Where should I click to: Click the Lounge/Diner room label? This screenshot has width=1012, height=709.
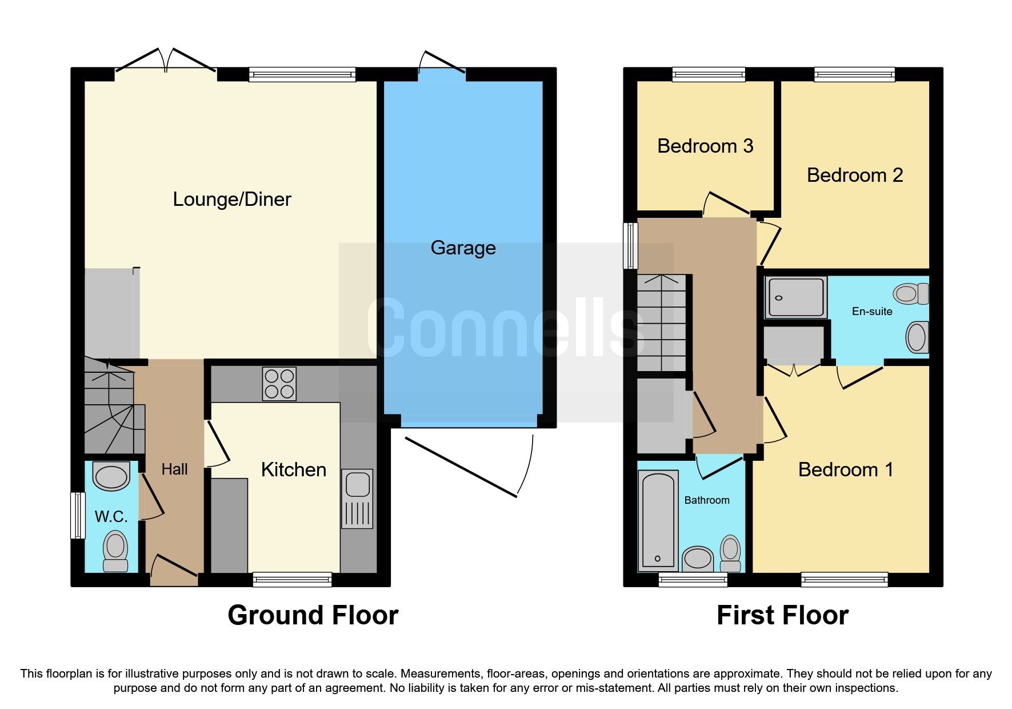tap(232, 199)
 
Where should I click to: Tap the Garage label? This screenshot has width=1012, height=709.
tap(463, 248)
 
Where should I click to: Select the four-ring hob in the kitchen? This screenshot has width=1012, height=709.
tap(279, 383)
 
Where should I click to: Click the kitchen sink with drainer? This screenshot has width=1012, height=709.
tap(357, 498)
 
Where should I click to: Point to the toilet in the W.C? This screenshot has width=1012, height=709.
tap(115, 551)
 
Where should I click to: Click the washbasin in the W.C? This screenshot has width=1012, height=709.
tap(111, 476)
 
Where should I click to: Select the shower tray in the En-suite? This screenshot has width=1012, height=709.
tap(796, 297)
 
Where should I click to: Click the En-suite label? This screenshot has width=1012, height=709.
tap(871, 311)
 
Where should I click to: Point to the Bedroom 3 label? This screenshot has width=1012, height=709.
tap(705, 146)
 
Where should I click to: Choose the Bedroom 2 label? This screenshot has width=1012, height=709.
tap(854, 175)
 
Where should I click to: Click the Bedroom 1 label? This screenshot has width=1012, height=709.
tap(845, 469)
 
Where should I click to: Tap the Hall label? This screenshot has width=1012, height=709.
tap(174, 469)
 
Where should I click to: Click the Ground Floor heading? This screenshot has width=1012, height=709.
tap(313, 615)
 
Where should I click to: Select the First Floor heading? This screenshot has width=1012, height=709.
tap(782, 615)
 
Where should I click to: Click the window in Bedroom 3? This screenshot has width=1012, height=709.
tap(709, 74)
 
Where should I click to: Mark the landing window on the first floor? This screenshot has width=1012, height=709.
tap(630, 245)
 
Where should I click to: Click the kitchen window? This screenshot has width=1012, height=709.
tap(292, 579)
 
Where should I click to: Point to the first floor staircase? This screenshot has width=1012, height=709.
tap(662, 323)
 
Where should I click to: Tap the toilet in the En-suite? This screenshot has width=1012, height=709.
tap(909, 294)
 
